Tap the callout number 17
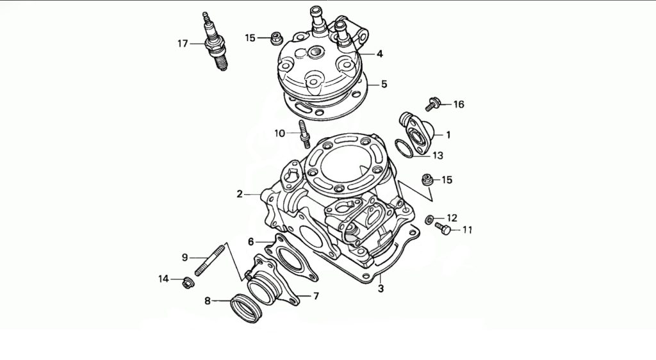tap(183, 44)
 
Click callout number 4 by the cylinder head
tap(380, 54)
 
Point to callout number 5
tap(384, 84)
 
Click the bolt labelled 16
tap(434, 102)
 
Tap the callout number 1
tap(448, 135)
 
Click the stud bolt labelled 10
tap(303, 133)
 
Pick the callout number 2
tap(240, 193)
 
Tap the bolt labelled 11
tap(442, 227)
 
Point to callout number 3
tap(381, 288)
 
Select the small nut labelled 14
tap(188, 280)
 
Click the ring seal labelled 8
tap(246, 309)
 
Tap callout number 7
tap(315, 296)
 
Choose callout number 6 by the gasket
tap(251, 241)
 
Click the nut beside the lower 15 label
tap(426, 179)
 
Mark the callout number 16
tap(459, 104)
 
